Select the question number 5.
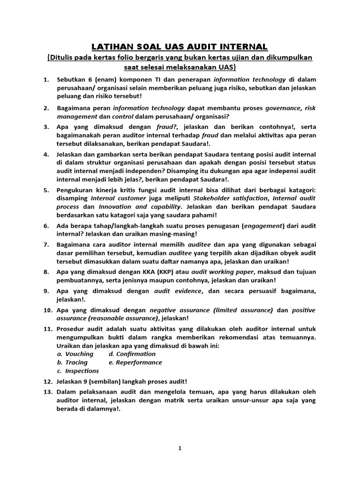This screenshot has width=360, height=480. (x=46, y=190)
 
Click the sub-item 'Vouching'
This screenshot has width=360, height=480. (x=79, y=354)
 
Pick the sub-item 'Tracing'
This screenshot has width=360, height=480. (x=76, y=362)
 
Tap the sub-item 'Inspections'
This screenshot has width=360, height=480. (x=82, y=371)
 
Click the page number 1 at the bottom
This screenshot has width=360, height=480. (x=180, y=448)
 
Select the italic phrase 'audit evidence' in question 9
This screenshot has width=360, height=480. (x=178, y=291)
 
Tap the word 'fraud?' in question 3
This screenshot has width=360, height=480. (x=168, y=127)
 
